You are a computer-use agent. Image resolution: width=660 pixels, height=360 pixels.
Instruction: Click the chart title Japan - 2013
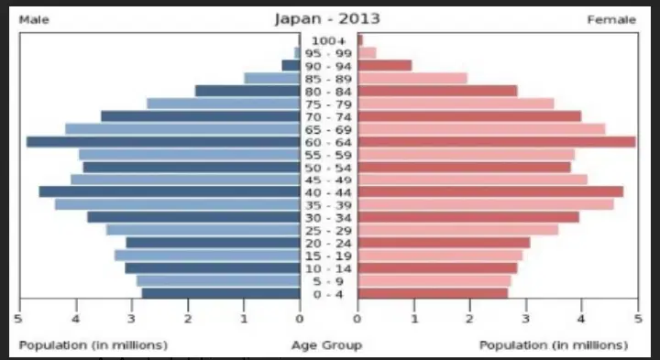coord(327,19)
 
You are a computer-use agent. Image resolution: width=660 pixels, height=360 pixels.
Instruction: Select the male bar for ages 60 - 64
coord(163,142)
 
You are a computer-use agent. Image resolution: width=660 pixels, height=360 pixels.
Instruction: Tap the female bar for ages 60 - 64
coord(497,142)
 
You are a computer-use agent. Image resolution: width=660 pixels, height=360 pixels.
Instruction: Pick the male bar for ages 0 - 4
coord(221,293)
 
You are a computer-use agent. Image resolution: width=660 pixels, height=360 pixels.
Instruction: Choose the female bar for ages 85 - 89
coord(412,78)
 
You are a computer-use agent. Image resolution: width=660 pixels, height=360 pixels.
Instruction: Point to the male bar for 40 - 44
coord(170,191)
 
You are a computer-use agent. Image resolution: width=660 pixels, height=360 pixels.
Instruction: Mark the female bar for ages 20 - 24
coord(444,243)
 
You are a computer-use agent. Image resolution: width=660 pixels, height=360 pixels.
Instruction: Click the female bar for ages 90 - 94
coord(385,66)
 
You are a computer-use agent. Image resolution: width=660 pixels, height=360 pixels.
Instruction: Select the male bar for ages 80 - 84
coord(247,91)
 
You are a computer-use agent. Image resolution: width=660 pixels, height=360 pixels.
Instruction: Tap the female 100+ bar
coord(360,40)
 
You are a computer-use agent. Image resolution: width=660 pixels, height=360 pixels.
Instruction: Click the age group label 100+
coord(328,41)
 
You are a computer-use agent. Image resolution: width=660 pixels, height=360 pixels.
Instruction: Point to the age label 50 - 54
coord(328,168)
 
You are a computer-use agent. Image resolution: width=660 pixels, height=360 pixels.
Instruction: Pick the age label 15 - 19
coord(328,256)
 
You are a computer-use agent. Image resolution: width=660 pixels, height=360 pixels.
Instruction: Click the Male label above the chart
coord(34,20)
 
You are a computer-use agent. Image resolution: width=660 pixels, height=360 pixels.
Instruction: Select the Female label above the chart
coord(611,20)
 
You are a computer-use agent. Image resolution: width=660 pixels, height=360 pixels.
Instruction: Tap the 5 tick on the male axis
coord(18,319)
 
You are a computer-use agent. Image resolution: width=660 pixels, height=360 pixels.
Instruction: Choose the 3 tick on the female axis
coord(526,319)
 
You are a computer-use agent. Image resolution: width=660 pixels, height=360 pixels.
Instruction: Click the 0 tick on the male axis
coord(299,319)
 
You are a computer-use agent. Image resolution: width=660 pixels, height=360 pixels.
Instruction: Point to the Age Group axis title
coord(327,345)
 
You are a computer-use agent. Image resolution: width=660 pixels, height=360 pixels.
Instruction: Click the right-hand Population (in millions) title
coord(554,345)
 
